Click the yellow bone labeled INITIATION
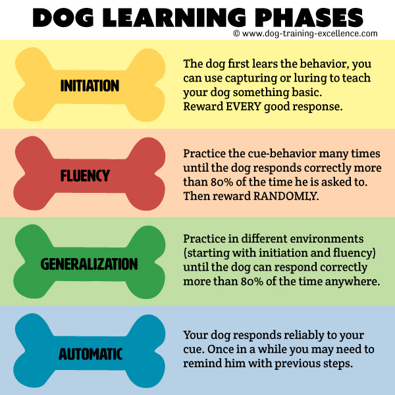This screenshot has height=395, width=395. click(90, 86)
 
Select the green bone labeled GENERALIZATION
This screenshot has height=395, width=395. click(90, 265)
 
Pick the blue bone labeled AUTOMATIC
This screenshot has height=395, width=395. click(90, 354)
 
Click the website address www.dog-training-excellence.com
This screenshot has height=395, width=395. click(309, 34)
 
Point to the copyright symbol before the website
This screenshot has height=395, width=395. click(236, 34)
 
